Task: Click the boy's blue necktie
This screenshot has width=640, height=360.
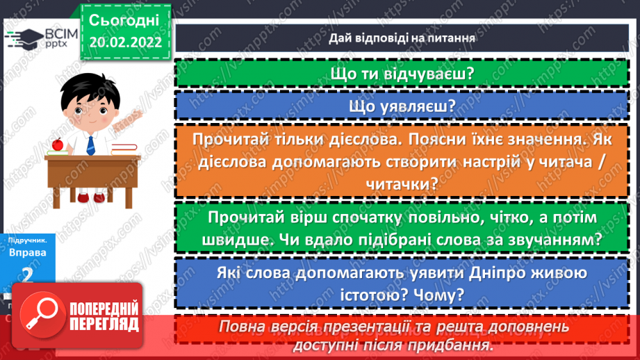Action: point(90,145)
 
